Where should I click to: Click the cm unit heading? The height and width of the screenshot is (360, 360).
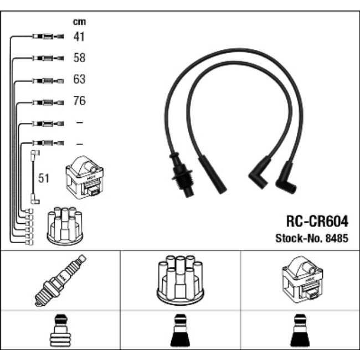[x=79, y=22]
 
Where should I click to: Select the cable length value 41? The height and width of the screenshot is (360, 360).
[x=79, y=37]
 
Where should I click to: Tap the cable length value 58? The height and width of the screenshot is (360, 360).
[x=79, y=58]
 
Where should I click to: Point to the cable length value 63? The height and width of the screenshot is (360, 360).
[x=79, y=79]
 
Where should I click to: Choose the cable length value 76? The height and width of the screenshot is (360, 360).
[x=79, y=101]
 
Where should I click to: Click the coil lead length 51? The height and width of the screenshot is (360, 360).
[x=44, y=178]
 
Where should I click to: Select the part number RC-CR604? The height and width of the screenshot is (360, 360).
[x=317, y=222]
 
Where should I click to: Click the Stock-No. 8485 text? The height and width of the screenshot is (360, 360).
[x=312, y=238]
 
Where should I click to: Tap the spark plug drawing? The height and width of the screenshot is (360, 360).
[x=60, y=280]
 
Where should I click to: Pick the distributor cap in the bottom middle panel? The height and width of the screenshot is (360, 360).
[x=181, y=280]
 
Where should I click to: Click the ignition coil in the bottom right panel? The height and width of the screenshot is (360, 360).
[x=302, y=279]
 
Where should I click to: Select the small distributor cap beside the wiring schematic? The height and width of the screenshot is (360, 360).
[x=65, y=226]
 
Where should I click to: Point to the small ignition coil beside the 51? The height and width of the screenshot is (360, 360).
[x=85, y=177]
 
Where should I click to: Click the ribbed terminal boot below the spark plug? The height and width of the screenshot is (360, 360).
[x=60, y=331]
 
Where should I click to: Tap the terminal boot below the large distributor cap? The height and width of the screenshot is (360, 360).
[x=181, y=331]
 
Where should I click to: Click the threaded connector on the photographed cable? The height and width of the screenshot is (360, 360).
[x=182, y=174]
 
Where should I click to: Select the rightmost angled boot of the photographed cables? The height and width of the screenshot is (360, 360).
[x=286, y=178]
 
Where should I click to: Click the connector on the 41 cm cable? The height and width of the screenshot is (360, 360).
[x=48, y=36]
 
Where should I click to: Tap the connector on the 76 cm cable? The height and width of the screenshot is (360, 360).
[x=48, y=102]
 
